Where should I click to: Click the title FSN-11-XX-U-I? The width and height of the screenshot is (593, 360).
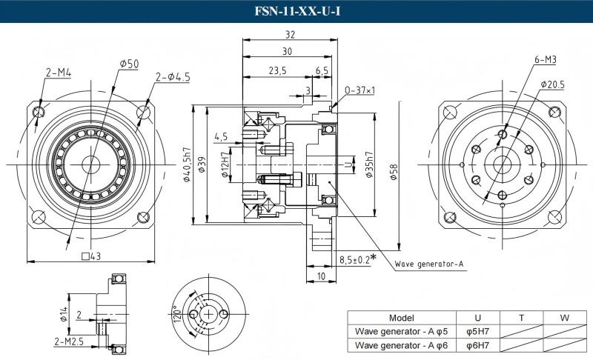(x=296, y=11)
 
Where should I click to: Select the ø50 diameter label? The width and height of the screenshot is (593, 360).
(x=129, y=64)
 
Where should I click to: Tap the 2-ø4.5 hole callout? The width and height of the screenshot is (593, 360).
(x=173, y=76)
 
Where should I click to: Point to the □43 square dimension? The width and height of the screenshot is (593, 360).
(x=90, y=256)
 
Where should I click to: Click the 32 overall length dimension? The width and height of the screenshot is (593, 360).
(x=290, y=35)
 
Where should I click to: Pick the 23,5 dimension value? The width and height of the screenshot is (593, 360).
(x=278, y=70)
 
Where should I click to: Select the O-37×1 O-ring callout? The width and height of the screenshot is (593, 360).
(x=360, y=90)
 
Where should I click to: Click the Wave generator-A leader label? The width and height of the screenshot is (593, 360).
(x=429, y=264)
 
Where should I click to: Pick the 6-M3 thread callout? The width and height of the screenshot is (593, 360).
(x=545, y=59)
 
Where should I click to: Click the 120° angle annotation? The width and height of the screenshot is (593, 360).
(x=176, y=316)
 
